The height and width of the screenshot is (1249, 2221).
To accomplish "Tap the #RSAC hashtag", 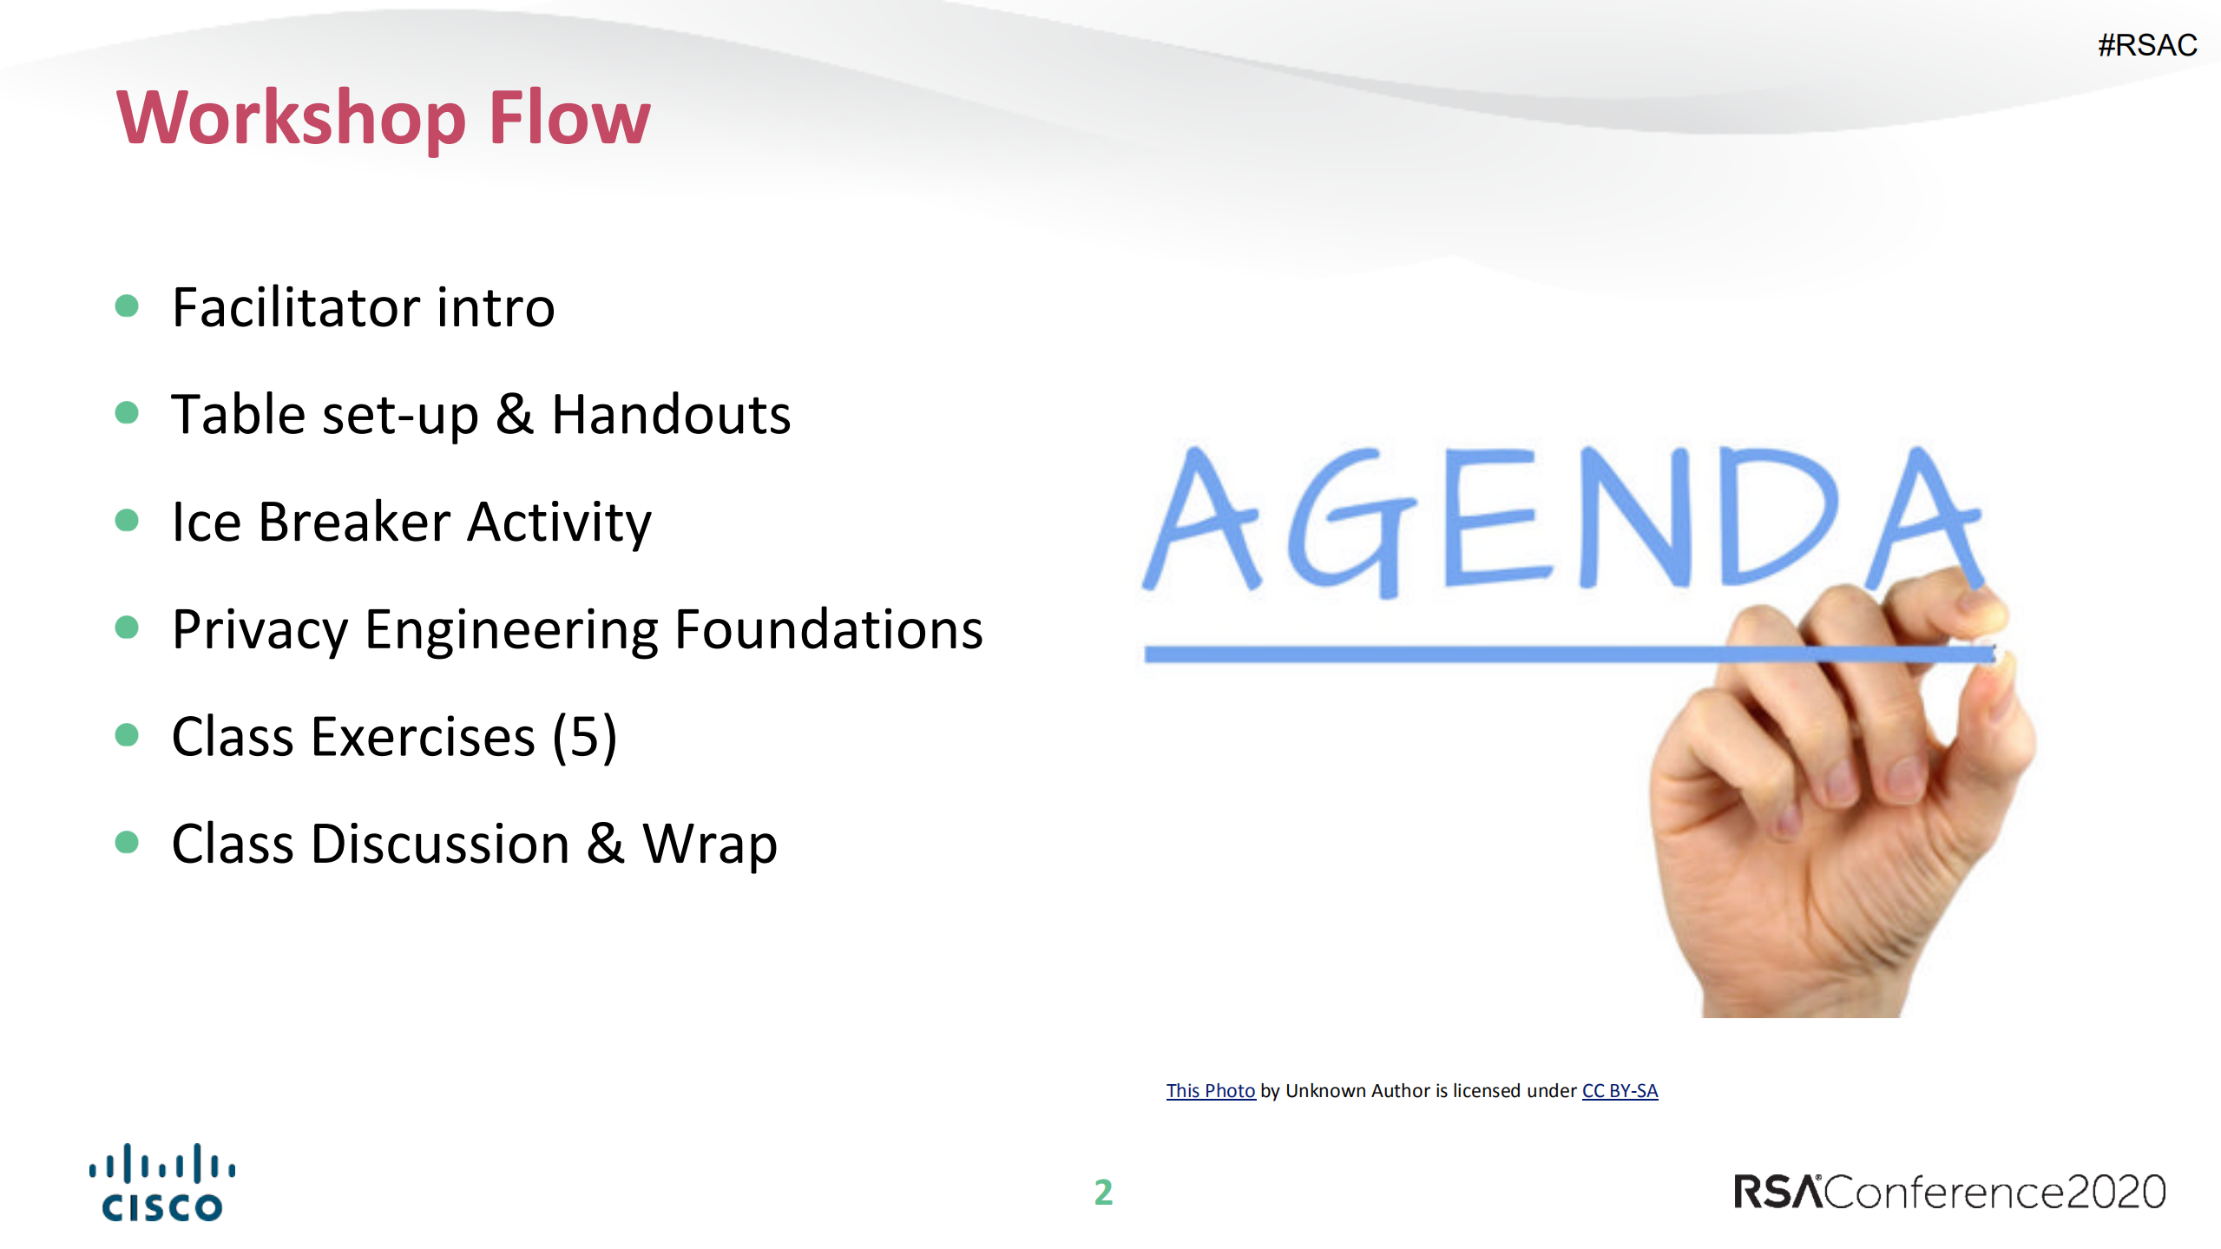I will [x=2146, y=45].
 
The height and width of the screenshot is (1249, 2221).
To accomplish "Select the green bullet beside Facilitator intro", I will [x=127, y=306].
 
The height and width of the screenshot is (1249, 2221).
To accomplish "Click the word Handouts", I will [x=671, y=414].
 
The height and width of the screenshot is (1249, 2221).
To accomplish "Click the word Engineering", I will [x=510, y=629].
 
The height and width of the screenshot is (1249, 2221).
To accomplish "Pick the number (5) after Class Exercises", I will [x=584, y=737].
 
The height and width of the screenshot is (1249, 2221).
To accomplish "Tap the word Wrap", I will [x=709, y=845].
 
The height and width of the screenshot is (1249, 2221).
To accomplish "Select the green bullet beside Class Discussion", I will [x=127, y=842].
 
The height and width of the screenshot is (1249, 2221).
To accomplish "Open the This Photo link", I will [x=1210, y=1090].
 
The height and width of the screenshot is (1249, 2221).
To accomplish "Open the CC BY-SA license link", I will [x=1620, y=1090].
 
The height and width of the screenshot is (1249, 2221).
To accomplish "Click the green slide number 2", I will [x=1103, y=1192].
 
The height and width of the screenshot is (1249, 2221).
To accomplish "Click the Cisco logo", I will [x=162, y=1182].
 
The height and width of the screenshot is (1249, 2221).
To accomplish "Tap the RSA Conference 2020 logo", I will [x=1949, y=1192].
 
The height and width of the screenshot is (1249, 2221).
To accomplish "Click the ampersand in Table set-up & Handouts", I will [x=515, y=414].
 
